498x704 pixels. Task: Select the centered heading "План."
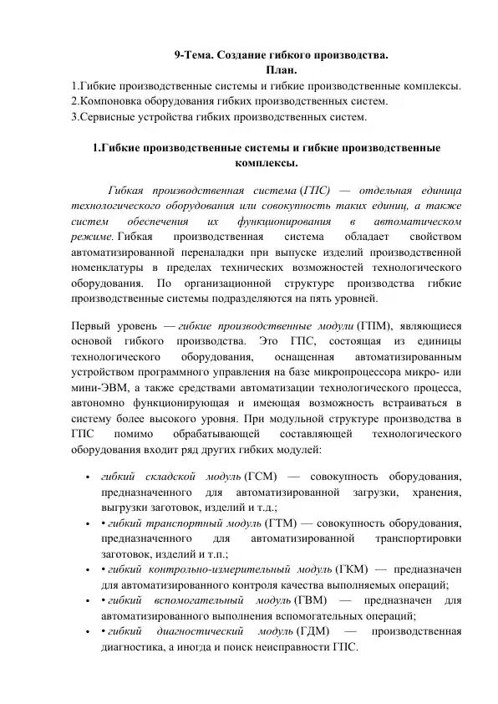[x=280, y=69]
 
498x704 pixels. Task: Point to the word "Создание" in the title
[x=245, y=55]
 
